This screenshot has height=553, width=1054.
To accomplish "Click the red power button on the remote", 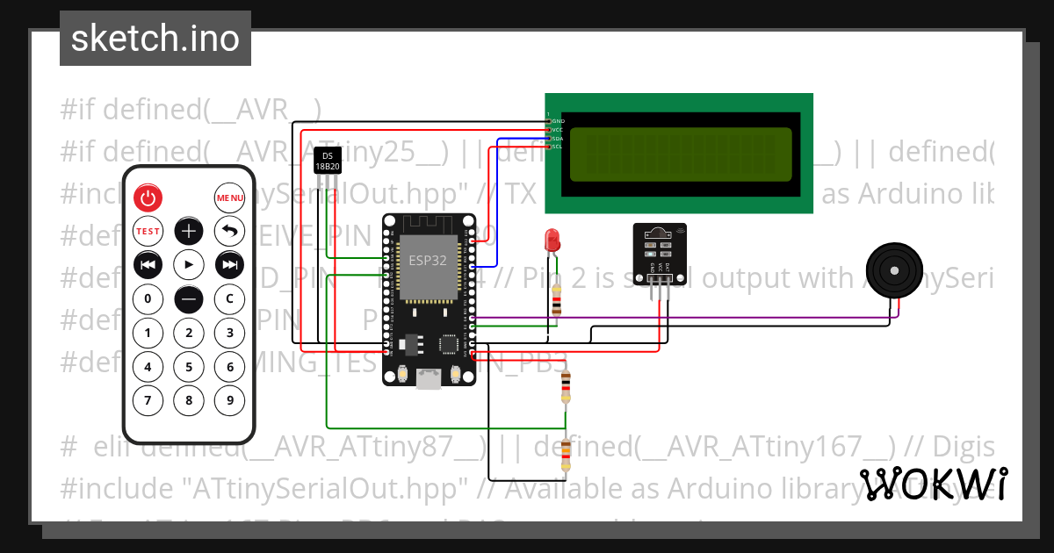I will point(148,198).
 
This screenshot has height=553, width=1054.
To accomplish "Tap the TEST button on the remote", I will point(148,232).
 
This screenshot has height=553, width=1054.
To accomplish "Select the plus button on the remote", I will point(189,232).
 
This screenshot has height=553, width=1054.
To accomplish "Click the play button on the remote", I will point(189,264).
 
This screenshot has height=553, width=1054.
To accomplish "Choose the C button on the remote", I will point(229,298).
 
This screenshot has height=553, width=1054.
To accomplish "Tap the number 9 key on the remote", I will point(229,401).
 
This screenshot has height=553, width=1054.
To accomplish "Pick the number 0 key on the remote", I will point(148,298).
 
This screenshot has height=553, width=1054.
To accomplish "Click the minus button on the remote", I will point(189,298).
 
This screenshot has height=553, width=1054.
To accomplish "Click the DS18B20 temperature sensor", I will point(327,161).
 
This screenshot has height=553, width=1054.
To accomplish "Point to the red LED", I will point(552,239).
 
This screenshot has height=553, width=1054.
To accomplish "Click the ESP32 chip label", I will point(428,261).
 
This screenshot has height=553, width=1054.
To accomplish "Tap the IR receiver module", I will point(660,249).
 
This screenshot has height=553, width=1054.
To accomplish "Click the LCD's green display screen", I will point(680,154).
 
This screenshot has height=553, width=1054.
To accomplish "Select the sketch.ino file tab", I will point(155,39).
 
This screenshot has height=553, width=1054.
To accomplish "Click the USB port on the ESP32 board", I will point(428,379).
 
